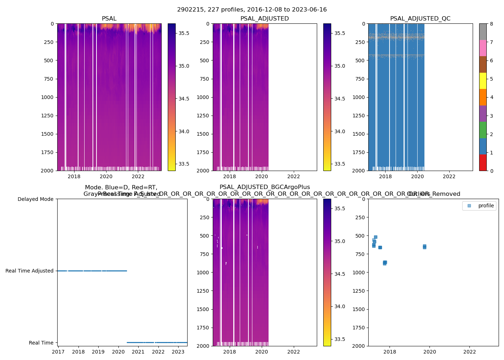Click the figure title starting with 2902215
click(252, 10)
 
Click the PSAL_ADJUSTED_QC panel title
click(420, 19)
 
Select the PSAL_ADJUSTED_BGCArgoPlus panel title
click(265, 187)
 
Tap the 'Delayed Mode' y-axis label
click(35, 199)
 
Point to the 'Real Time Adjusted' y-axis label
click(30, 271)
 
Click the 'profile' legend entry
click(486, 206)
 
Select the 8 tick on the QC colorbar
click(491, 24)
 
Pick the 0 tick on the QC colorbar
click(491, 171)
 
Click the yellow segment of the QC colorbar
click(483, 81)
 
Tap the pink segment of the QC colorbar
click(483, 48)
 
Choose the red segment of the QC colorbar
click(483, 163)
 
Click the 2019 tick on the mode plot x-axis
click(98, 352)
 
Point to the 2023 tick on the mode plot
click(178, 352)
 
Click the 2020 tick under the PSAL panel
click(106, 176)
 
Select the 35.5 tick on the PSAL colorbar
click(184, 33)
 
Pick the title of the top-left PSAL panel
click(109, 19)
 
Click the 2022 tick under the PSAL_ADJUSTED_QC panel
click(449, 176)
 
